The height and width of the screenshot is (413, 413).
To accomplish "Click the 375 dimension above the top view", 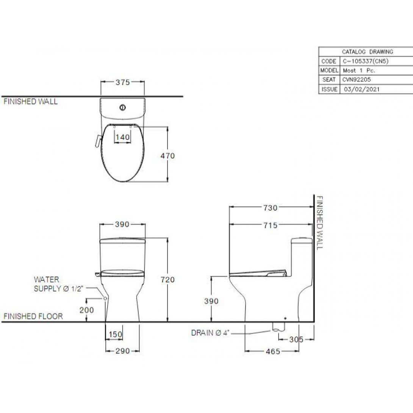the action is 123,83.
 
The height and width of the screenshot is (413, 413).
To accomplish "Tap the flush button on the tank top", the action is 122,108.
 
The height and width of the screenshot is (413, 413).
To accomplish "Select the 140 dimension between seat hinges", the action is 123,137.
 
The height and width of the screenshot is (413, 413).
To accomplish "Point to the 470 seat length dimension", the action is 168,156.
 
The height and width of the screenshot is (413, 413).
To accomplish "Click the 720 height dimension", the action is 168,280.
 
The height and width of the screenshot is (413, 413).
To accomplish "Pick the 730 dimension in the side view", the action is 271,208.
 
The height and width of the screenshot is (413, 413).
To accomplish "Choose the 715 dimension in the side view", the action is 271,225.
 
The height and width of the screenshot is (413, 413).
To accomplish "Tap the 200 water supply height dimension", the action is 87,310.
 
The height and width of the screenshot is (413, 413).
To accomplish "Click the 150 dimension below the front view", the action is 115,335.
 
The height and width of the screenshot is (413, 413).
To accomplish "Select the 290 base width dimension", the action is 123,351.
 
